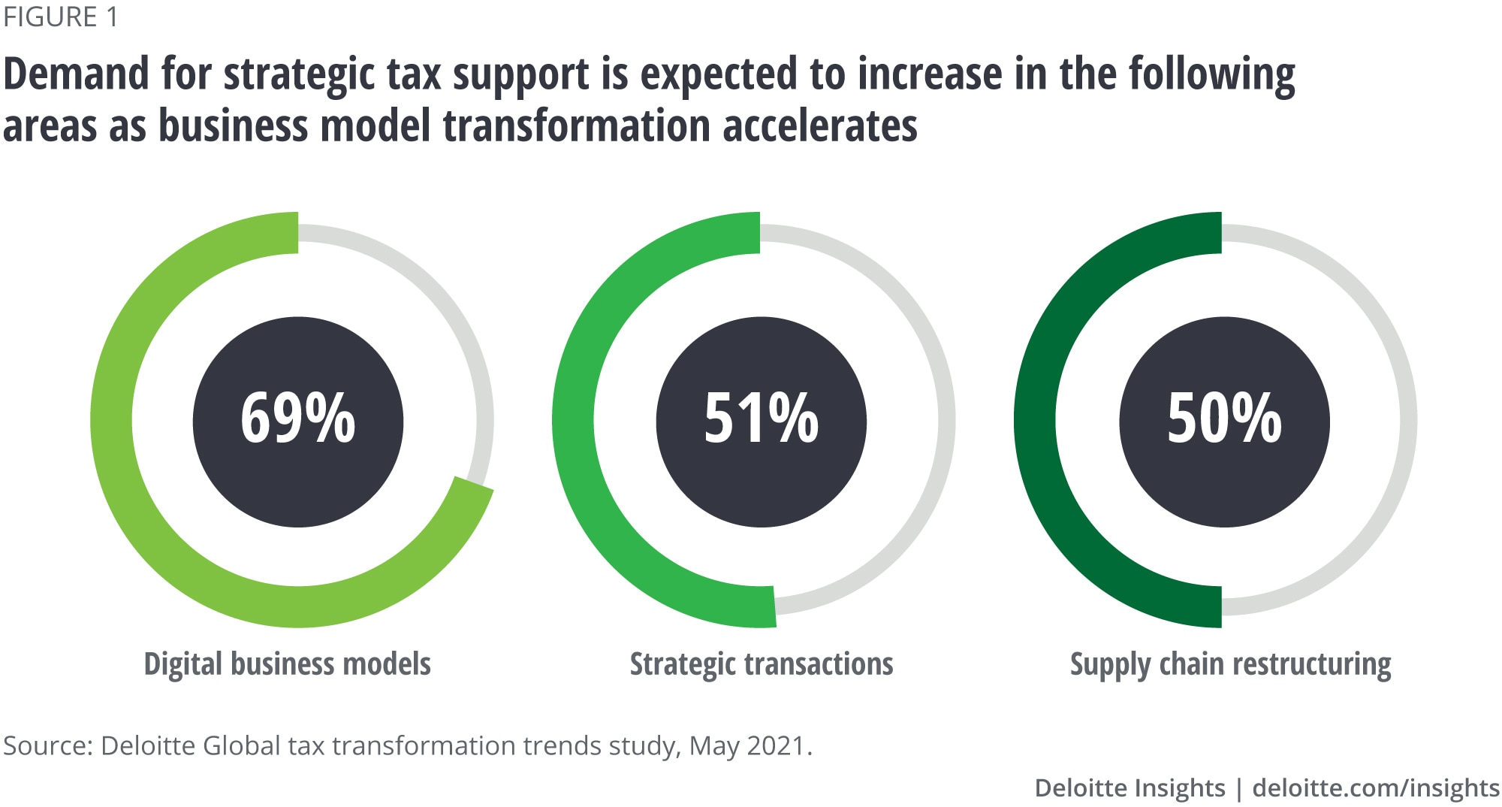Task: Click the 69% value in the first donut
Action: point(297,419)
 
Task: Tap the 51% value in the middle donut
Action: point(761,419)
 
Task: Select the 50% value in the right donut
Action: point(1224,419)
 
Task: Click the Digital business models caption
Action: point(287,664)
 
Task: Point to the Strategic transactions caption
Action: point(762,664)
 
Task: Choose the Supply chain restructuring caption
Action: point(1230,664)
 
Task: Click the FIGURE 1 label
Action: point(61,17)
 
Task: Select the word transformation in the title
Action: point(576,125)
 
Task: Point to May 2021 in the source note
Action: point(748,745)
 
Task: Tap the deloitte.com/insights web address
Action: point(1376,787)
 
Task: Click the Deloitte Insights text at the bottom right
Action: point(1130,787)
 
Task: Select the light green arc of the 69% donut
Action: point(113,421)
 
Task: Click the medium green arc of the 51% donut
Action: point(574,421)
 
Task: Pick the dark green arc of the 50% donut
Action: point(1036,421)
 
